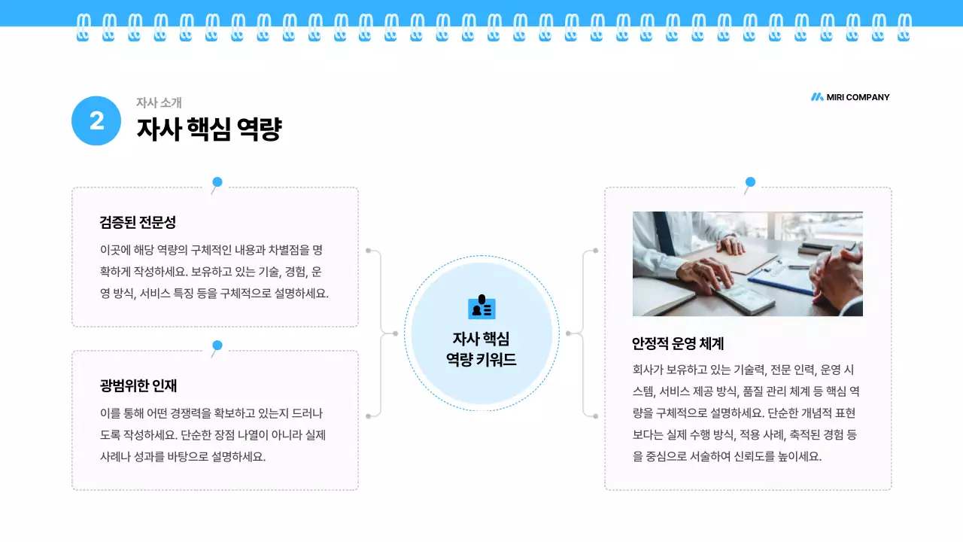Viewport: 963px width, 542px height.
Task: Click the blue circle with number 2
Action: pyautogui.click(x=96, y=120)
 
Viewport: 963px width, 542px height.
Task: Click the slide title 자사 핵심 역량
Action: pyautogui.click(x=208, y=129)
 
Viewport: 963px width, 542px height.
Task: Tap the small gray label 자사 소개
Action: pyautogui.click(x=159, y=102)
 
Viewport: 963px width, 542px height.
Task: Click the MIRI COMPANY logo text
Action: pyautogui.click(x=858, y=97)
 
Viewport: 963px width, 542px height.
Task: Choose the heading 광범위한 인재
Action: pyautogui.click(x=138, y=385)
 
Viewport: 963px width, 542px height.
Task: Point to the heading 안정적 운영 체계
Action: pyautogui.click(x=677, y=343)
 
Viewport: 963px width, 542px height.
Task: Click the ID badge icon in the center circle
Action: pyautogui.click(x=481, y=307)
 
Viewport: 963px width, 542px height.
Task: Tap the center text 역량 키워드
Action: pyautogui.click(x=481, y=360)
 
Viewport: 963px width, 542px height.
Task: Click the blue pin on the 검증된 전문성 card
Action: pyautogui.click(x=217, y=182)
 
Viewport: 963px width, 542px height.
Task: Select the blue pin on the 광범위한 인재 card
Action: pyautogui.click(x=217, y=346)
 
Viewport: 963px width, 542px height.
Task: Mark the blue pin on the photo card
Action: pyautogui.click(x=750, y=182)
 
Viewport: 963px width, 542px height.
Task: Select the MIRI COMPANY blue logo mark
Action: pyautogui.click(x=817, y=97)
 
